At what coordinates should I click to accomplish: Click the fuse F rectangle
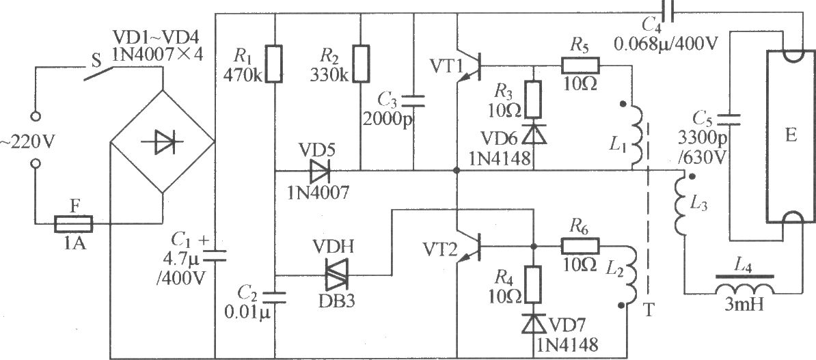point(74,224)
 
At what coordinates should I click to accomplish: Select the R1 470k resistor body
point(274,64)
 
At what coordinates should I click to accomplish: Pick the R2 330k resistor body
point(361,64)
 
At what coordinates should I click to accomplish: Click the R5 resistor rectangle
point(580,66)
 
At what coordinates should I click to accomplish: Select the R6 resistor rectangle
point(580,245)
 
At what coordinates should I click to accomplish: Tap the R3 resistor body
point(534,99)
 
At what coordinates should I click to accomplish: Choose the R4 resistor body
point(534,284)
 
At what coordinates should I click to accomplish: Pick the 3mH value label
point(744,305)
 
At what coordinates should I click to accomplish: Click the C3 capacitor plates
point(413,101)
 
